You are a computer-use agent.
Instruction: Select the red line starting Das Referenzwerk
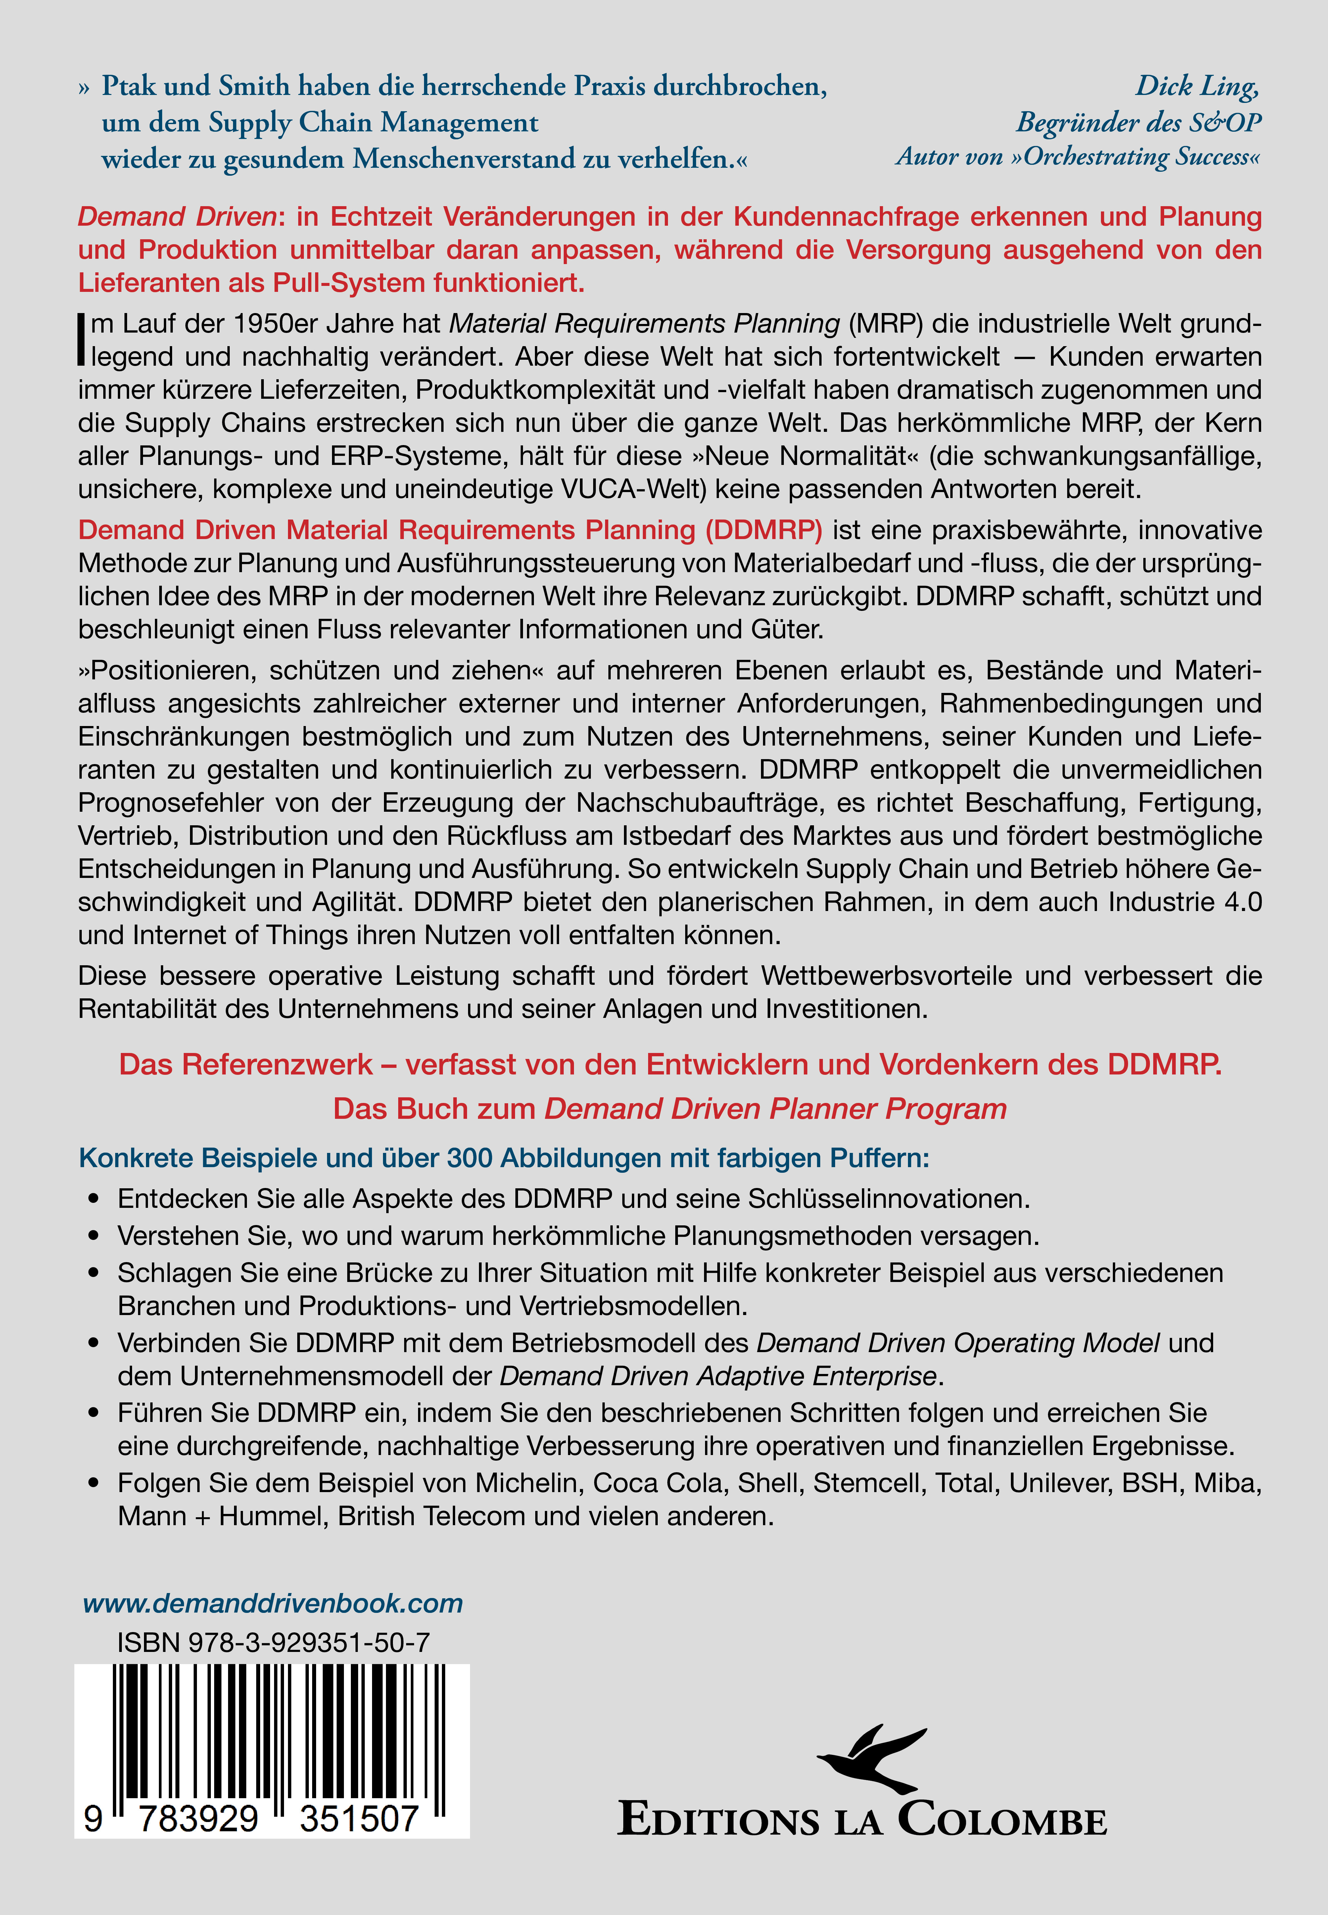pyautogui.click(x=670, y=1065)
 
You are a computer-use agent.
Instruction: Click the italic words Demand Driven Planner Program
pyautogui.click(x=776, y=1109)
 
